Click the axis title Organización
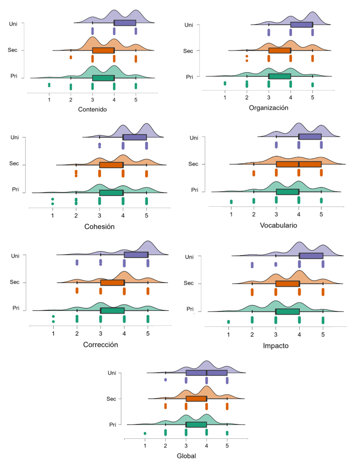tap(268, 108)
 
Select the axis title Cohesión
tap(100, 226)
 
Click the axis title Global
tap(186, 456)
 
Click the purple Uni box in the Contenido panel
tap(125, 23)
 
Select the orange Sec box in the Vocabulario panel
tap(299, 164)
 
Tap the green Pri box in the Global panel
tap(196, 424)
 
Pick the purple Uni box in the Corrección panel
tap(136, 255)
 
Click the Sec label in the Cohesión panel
tap(14, 163)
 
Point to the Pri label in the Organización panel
tap(189, 77)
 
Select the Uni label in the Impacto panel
tap(189, 257)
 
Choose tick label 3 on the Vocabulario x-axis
tap(276, 213)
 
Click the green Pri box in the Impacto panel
tap(287, 311)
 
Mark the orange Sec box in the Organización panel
tap(280, 51)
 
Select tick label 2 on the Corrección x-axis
tap(77, 333)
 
